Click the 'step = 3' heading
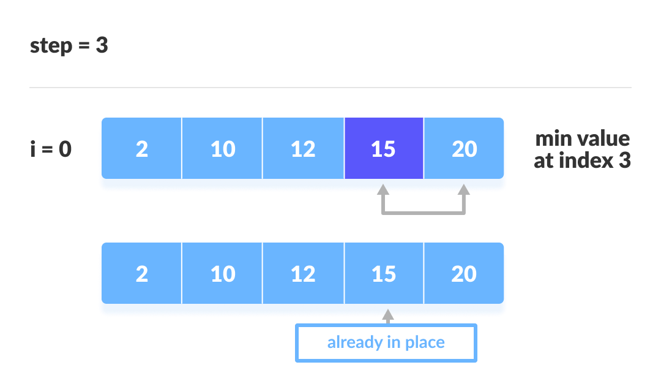click(x=69, y=46)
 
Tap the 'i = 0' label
click(x=51, y=149)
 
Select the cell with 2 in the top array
click(x=141, y=149)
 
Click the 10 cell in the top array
click(x=222, y=149)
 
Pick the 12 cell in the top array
click(x=303, y=149)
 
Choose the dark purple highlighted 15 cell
click(x=384, y=149)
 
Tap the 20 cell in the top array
click(x=464, y=149)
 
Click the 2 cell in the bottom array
click(x=141, y=273)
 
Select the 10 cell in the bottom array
click(x=222, y=273)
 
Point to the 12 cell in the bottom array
click(x=303, y=273)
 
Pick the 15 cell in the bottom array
click(x=384, y=273)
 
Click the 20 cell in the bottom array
click(x=464, y=273)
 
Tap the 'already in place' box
click(x=386, y=342)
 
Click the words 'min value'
click(x=582, y=138)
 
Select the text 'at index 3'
click(x=582, y=160)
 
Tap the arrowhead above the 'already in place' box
click(x=387, y=314)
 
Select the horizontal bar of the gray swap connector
click(x=423, y=213)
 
